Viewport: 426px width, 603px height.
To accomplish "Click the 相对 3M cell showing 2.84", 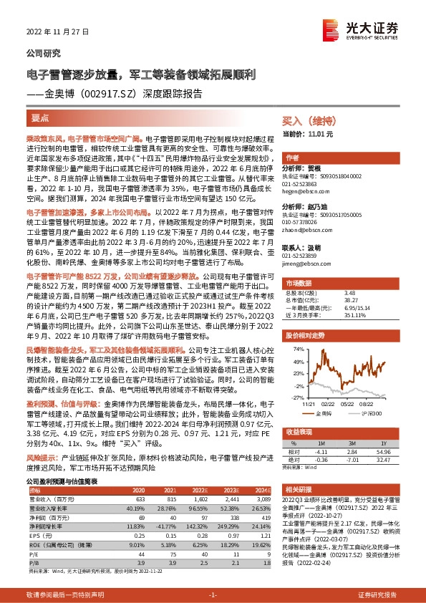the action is [350, 452].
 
